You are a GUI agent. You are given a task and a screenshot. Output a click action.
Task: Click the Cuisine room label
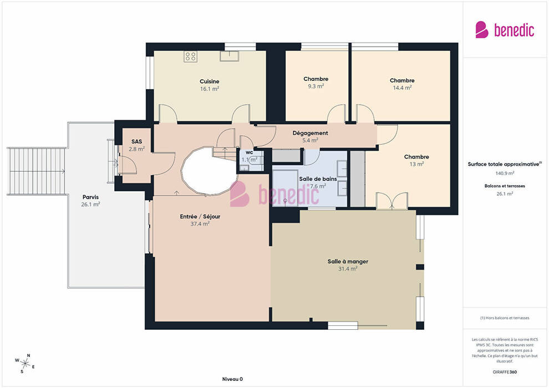coord(210,81)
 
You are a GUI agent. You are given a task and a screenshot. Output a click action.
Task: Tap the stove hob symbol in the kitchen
coord(190,57)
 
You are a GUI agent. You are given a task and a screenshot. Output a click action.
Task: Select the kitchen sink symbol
coord(230,56)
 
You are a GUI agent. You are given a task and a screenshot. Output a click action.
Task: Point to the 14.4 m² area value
coord(402,88)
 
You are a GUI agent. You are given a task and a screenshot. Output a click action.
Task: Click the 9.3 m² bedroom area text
coord(316,86)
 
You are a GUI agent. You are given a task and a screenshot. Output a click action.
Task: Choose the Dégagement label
coord(310,133)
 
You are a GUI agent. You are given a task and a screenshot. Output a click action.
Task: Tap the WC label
coord(250,152)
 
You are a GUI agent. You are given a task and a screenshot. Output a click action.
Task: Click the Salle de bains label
coord(318,179)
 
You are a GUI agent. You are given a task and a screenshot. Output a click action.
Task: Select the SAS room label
coord(136,142)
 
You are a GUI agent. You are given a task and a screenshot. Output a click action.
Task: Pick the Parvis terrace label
coord(91,197)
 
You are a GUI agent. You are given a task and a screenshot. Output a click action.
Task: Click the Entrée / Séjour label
coord(200,217)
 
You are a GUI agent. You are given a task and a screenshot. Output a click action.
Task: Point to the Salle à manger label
coord(348,262)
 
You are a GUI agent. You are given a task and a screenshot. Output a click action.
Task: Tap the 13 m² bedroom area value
coord(416,164)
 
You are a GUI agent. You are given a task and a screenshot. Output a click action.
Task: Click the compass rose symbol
coord(25,364)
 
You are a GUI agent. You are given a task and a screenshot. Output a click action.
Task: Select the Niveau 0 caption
coord(232,379)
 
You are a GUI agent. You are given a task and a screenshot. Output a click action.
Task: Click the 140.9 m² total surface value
coord(505,173)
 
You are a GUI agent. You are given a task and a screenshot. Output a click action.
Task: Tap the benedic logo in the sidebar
coord(505,30)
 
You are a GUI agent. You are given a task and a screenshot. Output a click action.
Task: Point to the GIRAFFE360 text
coord(505,372)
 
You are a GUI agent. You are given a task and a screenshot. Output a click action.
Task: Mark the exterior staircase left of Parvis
coord(37,171)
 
